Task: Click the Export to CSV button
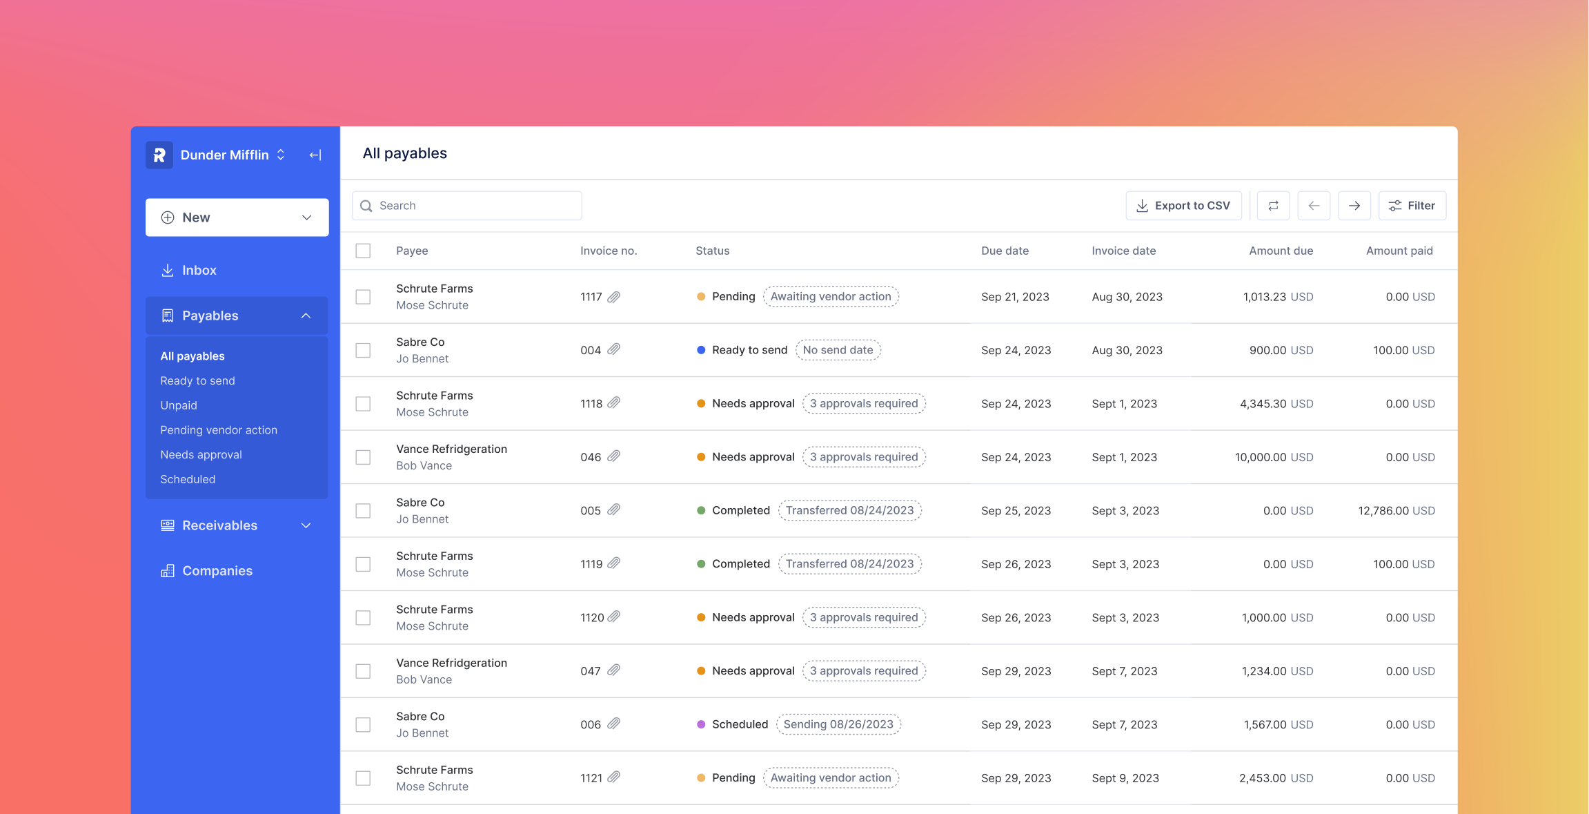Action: click(1183, 206)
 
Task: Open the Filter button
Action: click(1412, 206)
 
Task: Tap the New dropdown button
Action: click(237, 217)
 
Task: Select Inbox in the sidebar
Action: click(199, 270)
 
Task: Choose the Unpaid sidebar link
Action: click(179, 405)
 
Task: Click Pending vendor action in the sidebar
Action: click(219, 429)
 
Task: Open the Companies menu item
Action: click(217, 571)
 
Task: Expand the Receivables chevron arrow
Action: click(306, 525)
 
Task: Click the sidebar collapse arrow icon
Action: click(315, 155)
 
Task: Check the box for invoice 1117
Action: click(363, 297)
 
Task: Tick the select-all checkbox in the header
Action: click(363, 251)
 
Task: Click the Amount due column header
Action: click(1281, 251)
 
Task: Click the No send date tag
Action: click(838, 350)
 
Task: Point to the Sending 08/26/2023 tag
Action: click(838, 724)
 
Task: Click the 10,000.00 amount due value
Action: click(1260, 457)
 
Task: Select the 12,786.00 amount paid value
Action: click(1383, 511)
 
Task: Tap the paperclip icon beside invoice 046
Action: click(613, 456)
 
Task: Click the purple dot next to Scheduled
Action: click(701, 724)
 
